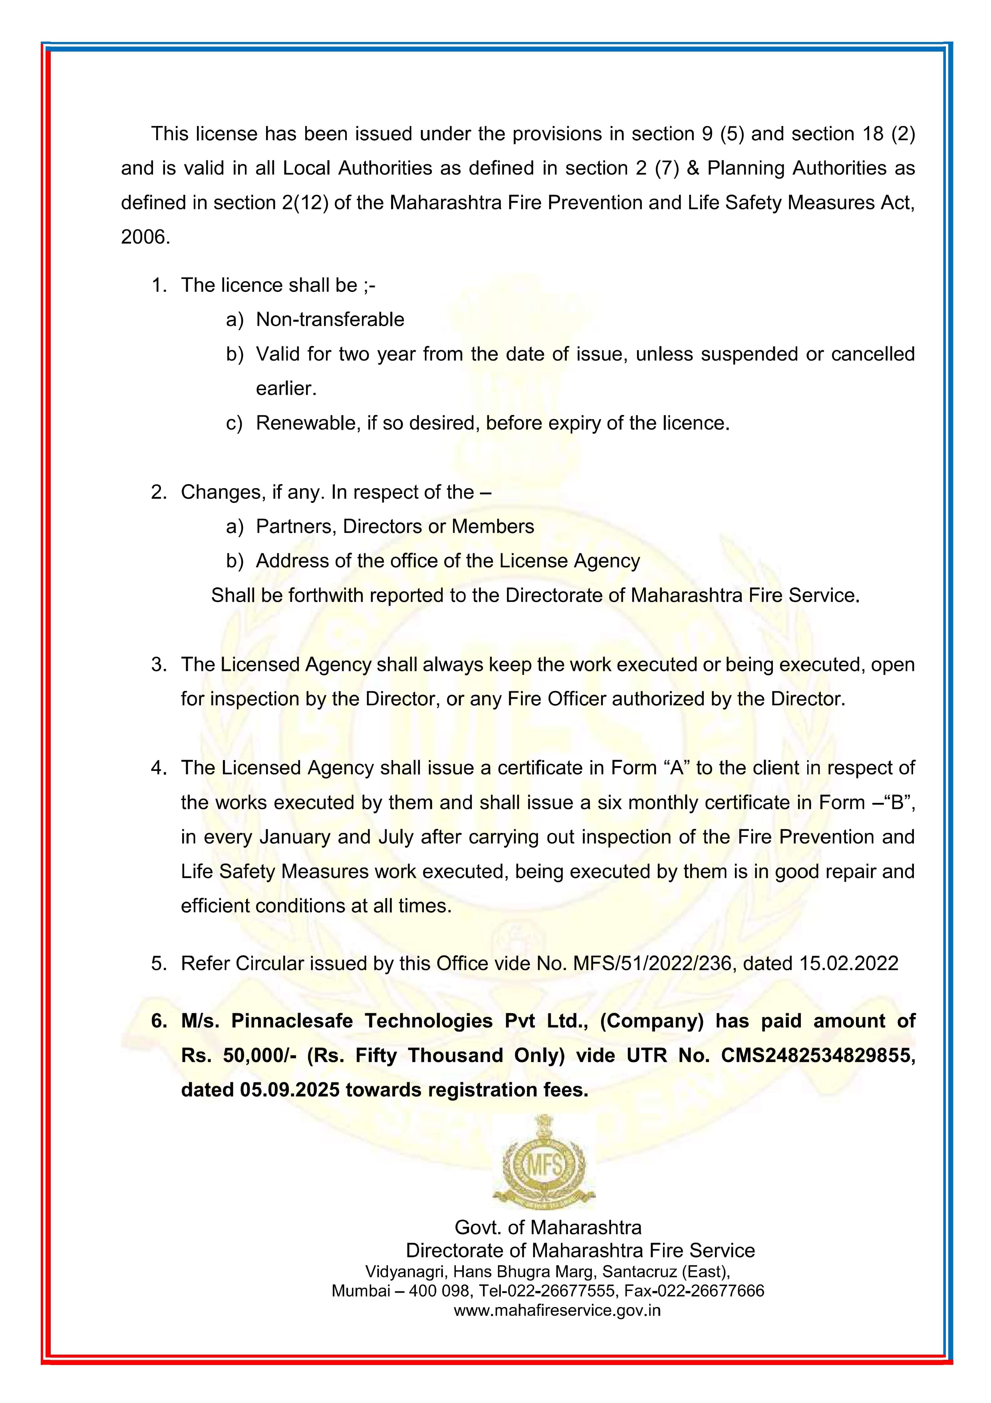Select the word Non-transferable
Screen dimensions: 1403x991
[x=330, y=319]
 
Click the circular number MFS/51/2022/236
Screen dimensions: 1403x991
[x=651, y=964]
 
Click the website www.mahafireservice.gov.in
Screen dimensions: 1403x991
[x=557, y=1310]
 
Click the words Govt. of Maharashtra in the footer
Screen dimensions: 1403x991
[x=548, y=1227]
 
